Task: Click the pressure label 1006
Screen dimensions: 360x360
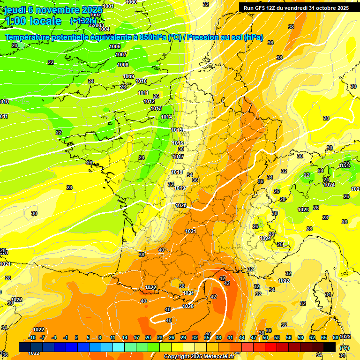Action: click(x=115, y=46)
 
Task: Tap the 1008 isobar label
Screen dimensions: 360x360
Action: click(x=123, y=65)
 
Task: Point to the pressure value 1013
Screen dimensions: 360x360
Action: click(x=156, y=108)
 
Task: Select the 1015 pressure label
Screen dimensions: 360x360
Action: click(x=177, y=130)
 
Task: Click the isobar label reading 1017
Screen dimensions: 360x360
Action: click(x=178, y=157)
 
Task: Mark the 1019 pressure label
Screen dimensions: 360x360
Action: click(x=180, y=188)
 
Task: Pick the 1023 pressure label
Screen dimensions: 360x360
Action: click(x=303, y=210)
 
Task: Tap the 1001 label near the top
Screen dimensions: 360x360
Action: click(x=108, y=6)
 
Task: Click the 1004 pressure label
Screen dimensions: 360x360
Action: click(x=104, y=29)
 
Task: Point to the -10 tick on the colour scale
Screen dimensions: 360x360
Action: click(x=32, y=337)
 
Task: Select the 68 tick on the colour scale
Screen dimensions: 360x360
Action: click(x=336, y=337)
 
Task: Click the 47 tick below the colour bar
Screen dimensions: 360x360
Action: click(x=254, y=337)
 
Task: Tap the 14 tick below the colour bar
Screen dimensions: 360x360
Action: click(x=125, y=337)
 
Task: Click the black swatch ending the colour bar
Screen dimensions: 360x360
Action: click(x=330, y=347)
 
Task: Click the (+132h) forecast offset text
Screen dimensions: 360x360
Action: click(x=83, y=21)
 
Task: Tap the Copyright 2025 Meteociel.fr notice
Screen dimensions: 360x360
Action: click(x=199, y=356)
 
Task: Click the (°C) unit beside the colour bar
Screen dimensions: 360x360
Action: click(x=344, y=347)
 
